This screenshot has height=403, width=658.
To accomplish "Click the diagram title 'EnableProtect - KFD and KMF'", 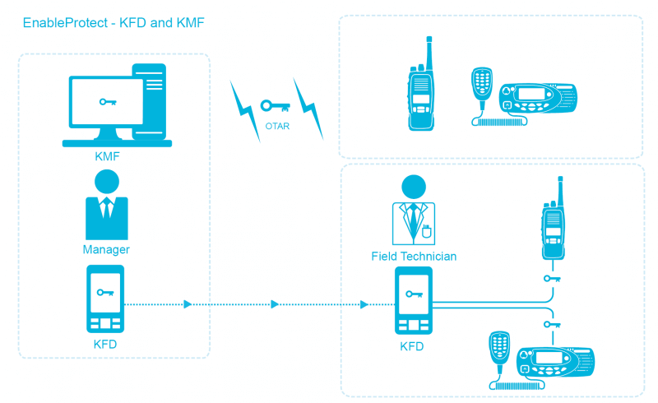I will point(114,23).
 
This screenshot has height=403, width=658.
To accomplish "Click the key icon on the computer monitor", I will point(108,102).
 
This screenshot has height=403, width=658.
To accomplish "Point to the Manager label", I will point(106,249).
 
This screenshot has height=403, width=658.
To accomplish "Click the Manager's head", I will point(106,181).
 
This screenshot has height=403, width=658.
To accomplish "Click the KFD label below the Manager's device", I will point(105,345).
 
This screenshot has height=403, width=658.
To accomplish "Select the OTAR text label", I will point(276,127).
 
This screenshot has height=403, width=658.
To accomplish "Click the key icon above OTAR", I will point(275,106).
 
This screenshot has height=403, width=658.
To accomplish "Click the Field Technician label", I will point(414,257).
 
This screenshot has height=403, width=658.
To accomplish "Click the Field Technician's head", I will point(414,187).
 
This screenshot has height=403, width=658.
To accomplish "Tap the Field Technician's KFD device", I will point(413,301).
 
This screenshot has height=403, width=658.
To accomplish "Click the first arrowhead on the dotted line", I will point(188,304).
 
